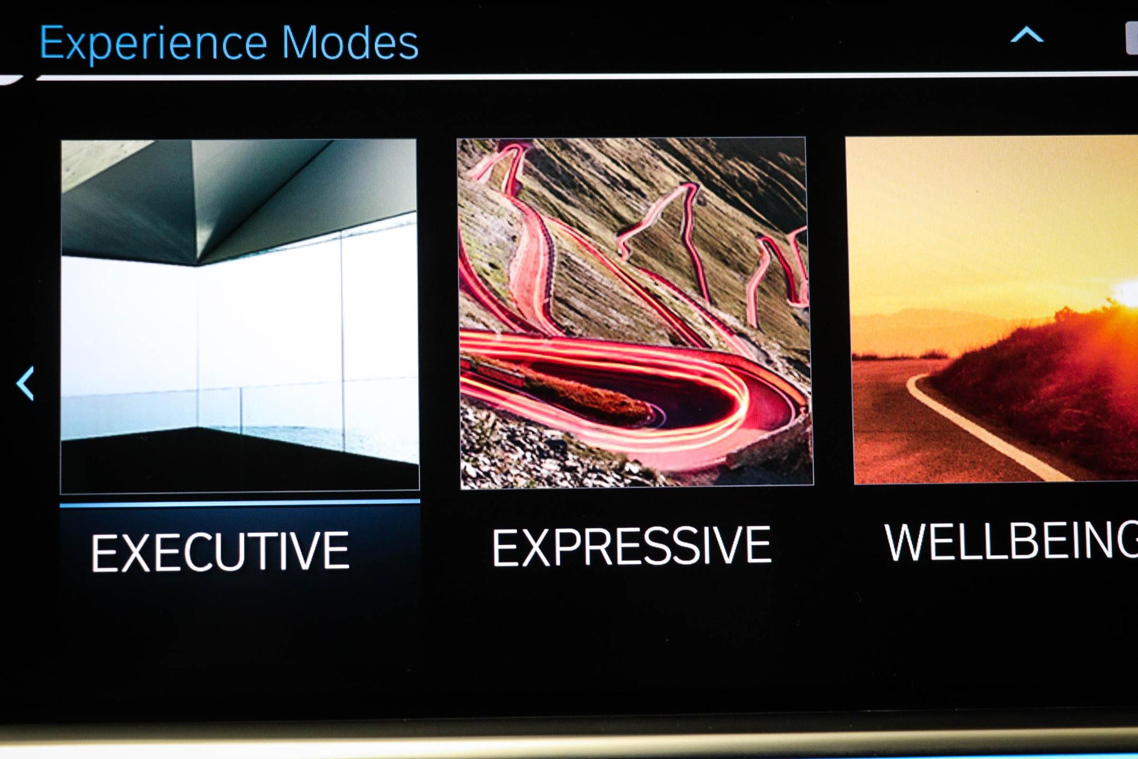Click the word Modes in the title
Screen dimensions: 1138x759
pos(350,42)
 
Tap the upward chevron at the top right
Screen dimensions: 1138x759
pos(1026,35)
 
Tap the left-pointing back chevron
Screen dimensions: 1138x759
pos(26,383)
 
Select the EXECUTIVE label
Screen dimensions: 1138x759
pos(221,551)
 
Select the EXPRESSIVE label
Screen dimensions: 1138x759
pos(631,547)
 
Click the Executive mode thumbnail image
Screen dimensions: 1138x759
pos(239,315)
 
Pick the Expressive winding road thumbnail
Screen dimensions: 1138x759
pos(636,312)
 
